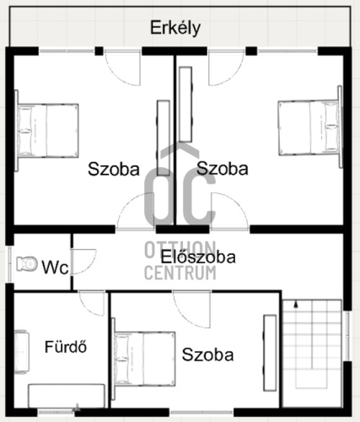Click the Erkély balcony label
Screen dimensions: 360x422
[x=175, y=28]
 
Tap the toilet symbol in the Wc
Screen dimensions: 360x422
[x=27, y=264]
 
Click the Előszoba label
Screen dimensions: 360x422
[x=198, y=257]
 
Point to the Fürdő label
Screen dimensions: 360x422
[x=66, y=347]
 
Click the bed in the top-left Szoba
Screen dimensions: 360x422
[x=46, y=131]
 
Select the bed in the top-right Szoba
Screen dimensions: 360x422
[x=310, y=127]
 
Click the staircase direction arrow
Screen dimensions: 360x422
[x=296, y=305]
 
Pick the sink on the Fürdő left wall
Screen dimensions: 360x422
[x=22, y=352]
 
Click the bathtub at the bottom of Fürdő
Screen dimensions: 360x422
[x=67, y=396]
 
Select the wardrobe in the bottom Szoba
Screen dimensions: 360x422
[x=270, y=353]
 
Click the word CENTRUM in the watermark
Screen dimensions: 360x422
[x=180, y=273]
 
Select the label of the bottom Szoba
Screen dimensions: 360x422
[x=207, y=354]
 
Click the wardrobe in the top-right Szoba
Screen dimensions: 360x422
[x=185, y=104]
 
